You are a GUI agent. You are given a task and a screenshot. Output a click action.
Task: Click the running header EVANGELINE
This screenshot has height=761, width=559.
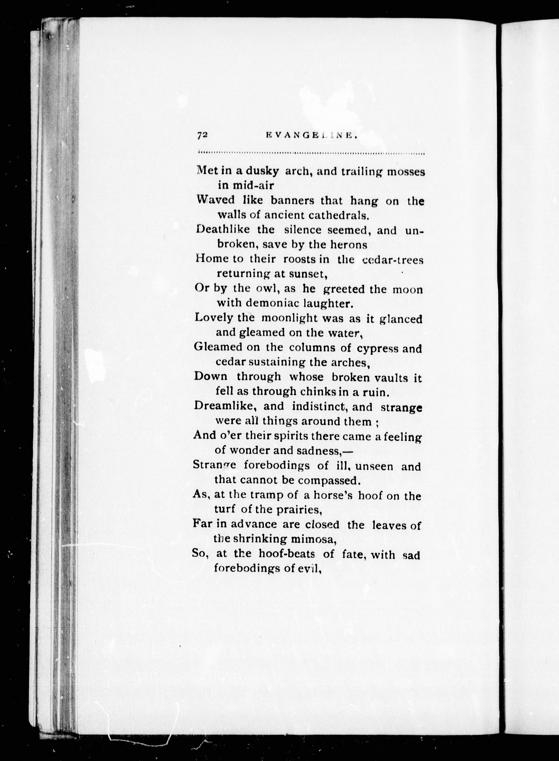312,135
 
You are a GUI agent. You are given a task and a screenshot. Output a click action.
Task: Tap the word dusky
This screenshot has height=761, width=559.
262,171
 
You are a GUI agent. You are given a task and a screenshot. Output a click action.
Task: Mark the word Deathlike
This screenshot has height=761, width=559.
223,229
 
